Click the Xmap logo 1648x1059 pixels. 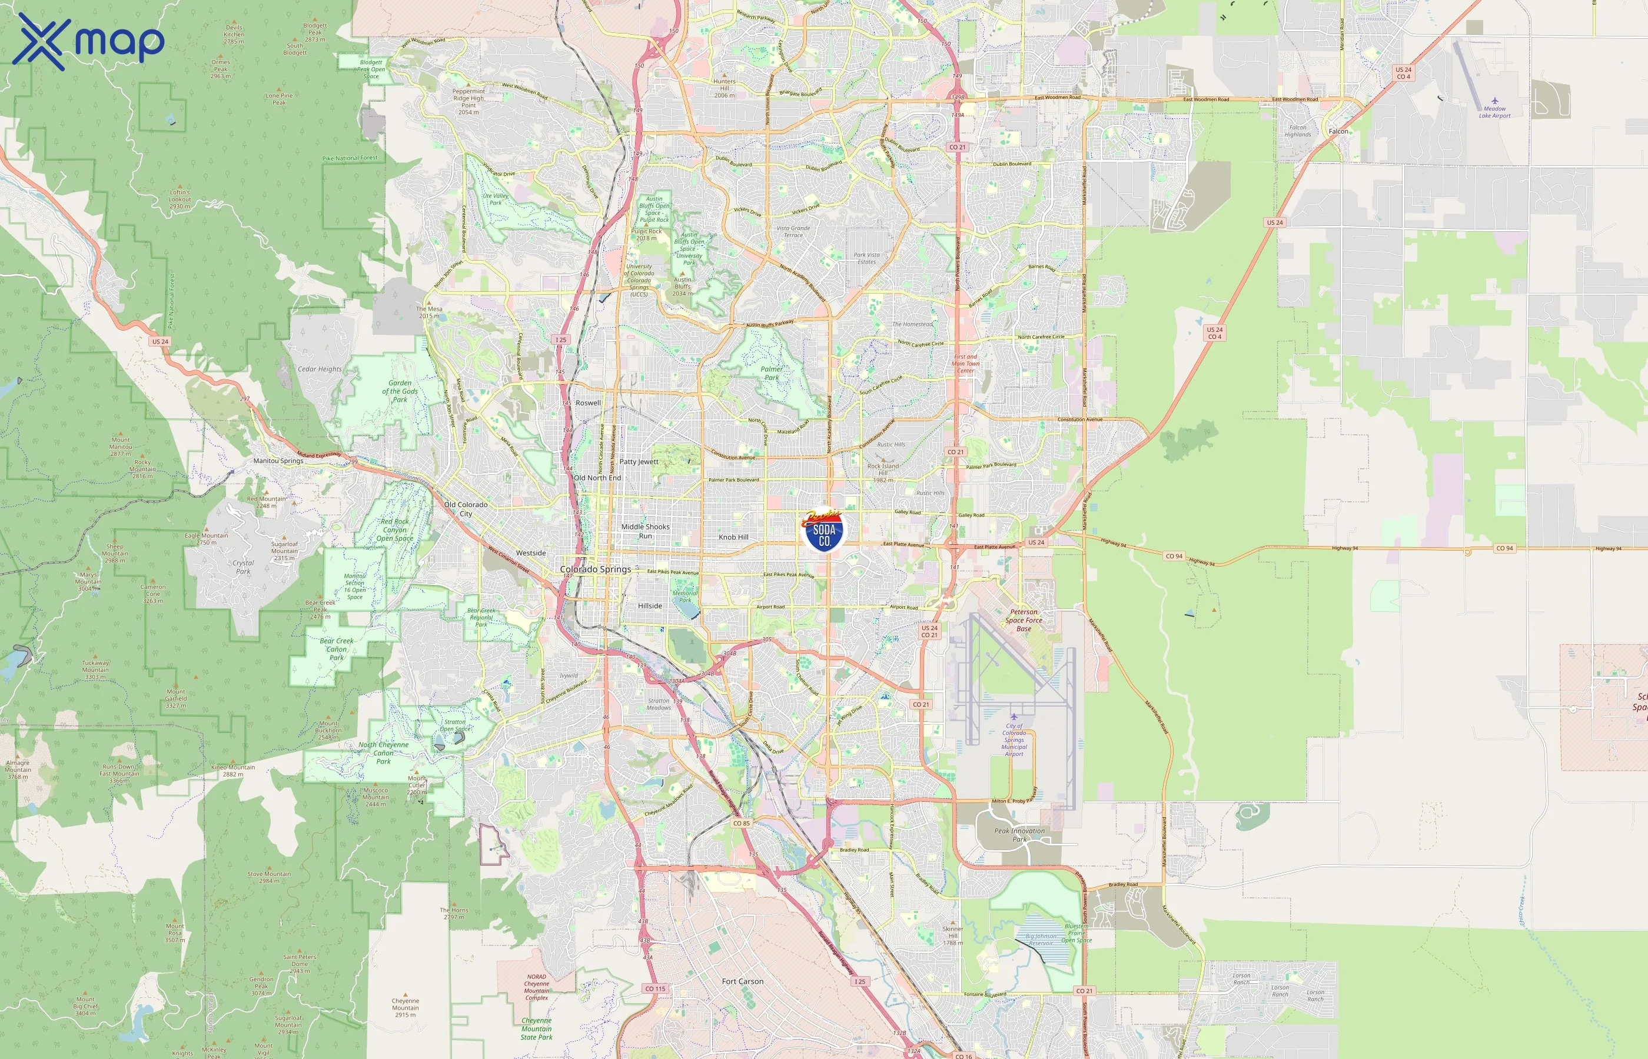point(88,42)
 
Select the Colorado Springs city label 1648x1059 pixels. point(595,570)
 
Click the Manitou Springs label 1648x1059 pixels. point(278,461)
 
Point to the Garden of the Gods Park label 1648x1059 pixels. point(400,391)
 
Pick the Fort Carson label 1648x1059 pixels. point(742,981)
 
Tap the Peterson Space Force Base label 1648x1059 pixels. point(1024,620)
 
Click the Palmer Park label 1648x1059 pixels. point(772,373)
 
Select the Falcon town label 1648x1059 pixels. point(1338,131)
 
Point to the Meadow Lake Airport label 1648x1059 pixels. point(1494,112)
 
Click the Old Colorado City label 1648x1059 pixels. point(466,509)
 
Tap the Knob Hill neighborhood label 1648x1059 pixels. point(733,537)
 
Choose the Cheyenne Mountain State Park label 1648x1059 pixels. point(537,1029)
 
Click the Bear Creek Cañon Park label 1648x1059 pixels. point(336,649)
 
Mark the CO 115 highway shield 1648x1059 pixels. point(655,989)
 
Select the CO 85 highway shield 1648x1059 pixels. point(742,823)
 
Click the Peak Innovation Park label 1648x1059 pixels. point(1019,835)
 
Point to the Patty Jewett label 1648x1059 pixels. point(639,462)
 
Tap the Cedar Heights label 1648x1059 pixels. point(319,369)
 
